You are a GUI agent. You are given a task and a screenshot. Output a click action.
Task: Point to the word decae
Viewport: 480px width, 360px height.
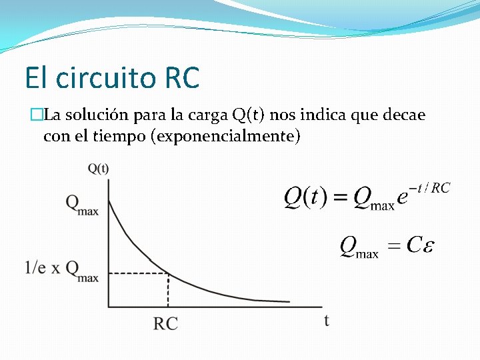(404, 115)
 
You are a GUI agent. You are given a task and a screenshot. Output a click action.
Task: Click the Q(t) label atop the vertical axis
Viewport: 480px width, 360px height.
(98, 168)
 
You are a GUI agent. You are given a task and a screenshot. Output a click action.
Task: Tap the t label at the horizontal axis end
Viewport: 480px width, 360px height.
(327, 321)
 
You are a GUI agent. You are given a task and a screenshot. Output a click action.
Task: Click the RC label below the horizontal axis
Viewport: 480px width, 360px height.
(166, 324)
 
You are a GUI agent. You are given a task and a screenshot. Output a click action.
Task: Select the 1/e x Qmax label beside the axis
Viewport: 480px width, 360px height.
(61, 269)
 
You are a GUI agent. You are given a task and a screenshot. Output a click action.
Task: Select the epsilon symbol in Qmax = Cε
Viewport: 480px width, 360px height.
(429, 245)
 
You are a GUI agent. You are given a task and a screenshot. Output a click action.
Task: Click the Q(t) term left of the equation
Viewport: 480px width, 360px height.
(305, 197)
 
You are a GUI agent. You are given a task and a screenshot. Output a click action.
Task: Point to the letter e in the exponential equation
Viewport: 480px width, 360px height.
(403, 198)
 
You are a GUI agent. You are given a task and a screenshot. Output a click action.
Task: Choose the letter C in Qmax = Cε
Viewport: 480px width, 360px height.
(414, 245)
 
